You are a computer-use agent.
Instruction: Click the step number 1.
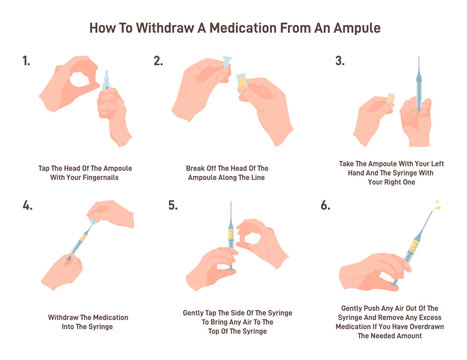(x=25, y=61)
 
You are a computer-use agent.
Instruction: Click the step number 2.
(x=158, y=61)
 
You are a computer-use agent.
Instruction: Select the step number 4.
(x=26, y=207)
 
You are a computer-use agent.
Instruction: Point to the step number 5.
(x=172, y=207)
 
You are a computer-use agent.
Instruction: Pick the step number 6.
(x=325, y=207)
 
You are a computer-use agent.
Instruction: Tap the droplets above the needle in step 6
(x=436, y=207)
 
